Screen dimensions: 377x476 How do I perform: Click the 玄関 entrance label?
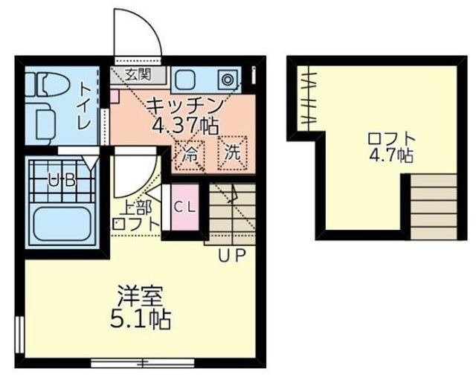coord(138,74)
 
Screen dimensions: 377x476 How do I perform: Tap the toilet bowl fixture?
coord(40,86)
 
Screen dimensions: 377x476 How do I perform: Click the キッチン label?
coord(184,104)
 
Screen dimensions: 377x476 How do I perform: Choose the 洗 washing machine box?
coord(232,154)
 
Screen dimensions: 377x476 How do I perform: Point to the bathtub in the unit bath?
coord(61,223)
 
